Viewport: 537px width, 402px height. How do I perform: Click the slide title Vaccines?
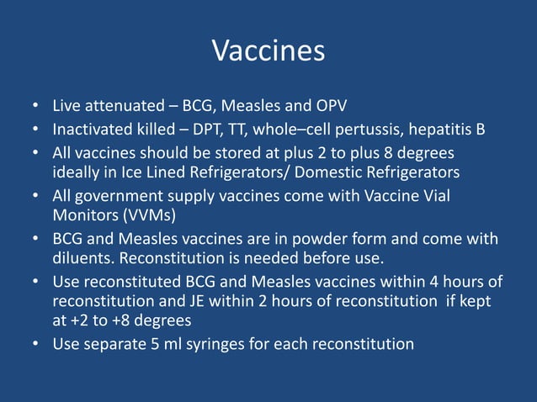point(268,51)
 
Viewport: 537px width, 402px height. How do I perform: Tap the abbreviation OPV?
point(330,107)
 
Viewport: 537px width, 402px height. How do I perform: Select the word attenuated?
point(120,107)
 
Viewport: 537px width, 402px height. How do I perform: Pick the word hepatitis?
point(441,130)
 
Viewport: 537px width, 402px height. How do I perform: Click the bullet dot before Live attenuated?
point(36,108)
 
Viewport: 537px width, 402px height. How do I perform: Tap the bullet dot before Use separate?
point(36,344)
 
